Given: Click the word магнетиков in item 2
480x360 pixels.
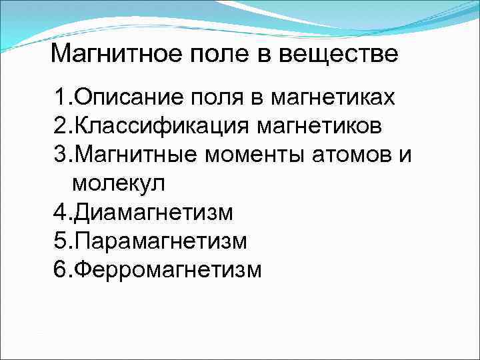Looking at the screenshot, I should [335, 127].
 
